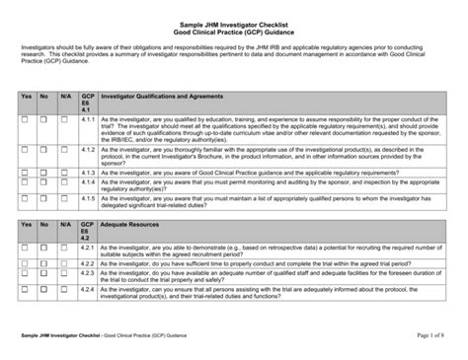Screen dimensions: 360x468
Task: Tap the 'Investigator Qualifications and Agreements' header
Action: coord(159,98)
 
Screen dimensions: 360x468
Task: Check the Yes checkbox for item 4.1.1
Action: coord(27,119)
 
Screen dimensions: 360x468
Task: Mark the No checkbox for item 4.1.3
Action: coord(44,172)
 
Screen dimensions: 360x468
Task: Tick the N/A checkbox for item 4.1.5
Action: coord(66,198)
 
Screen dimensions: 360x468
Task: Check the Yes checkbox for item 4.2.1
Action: coord(27,246)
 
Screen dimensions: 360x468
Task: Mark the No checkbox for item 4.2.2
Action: coord(44,263)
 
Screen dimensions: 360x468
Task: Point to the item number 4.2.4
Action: coord(88,290)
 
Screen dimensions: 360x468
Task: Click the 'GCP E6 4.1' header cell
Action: coord(87,104)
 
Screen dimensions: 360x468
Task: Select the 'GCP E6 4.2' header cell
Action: coord(87,231)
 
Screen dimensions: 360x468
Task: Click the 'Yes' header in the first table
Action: coord(27,98)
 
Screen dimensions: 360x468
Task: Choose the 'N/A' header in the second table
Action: coord(66,224)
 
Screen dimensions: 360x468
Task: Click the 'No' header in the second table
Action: coord(44,224)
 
